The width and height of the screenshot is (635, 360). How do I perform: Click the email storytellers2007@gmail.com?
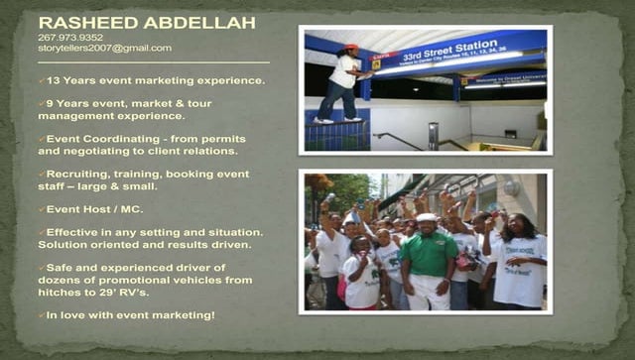click(104, 48)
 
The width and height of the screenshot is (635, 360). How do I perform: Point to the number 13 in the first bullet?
click(54, 80)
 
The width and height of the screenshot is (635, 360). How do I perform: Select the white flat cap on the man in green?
click(428, 217)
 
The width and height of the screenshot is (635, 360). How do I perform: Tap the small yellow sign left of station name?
click(377, 61)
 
